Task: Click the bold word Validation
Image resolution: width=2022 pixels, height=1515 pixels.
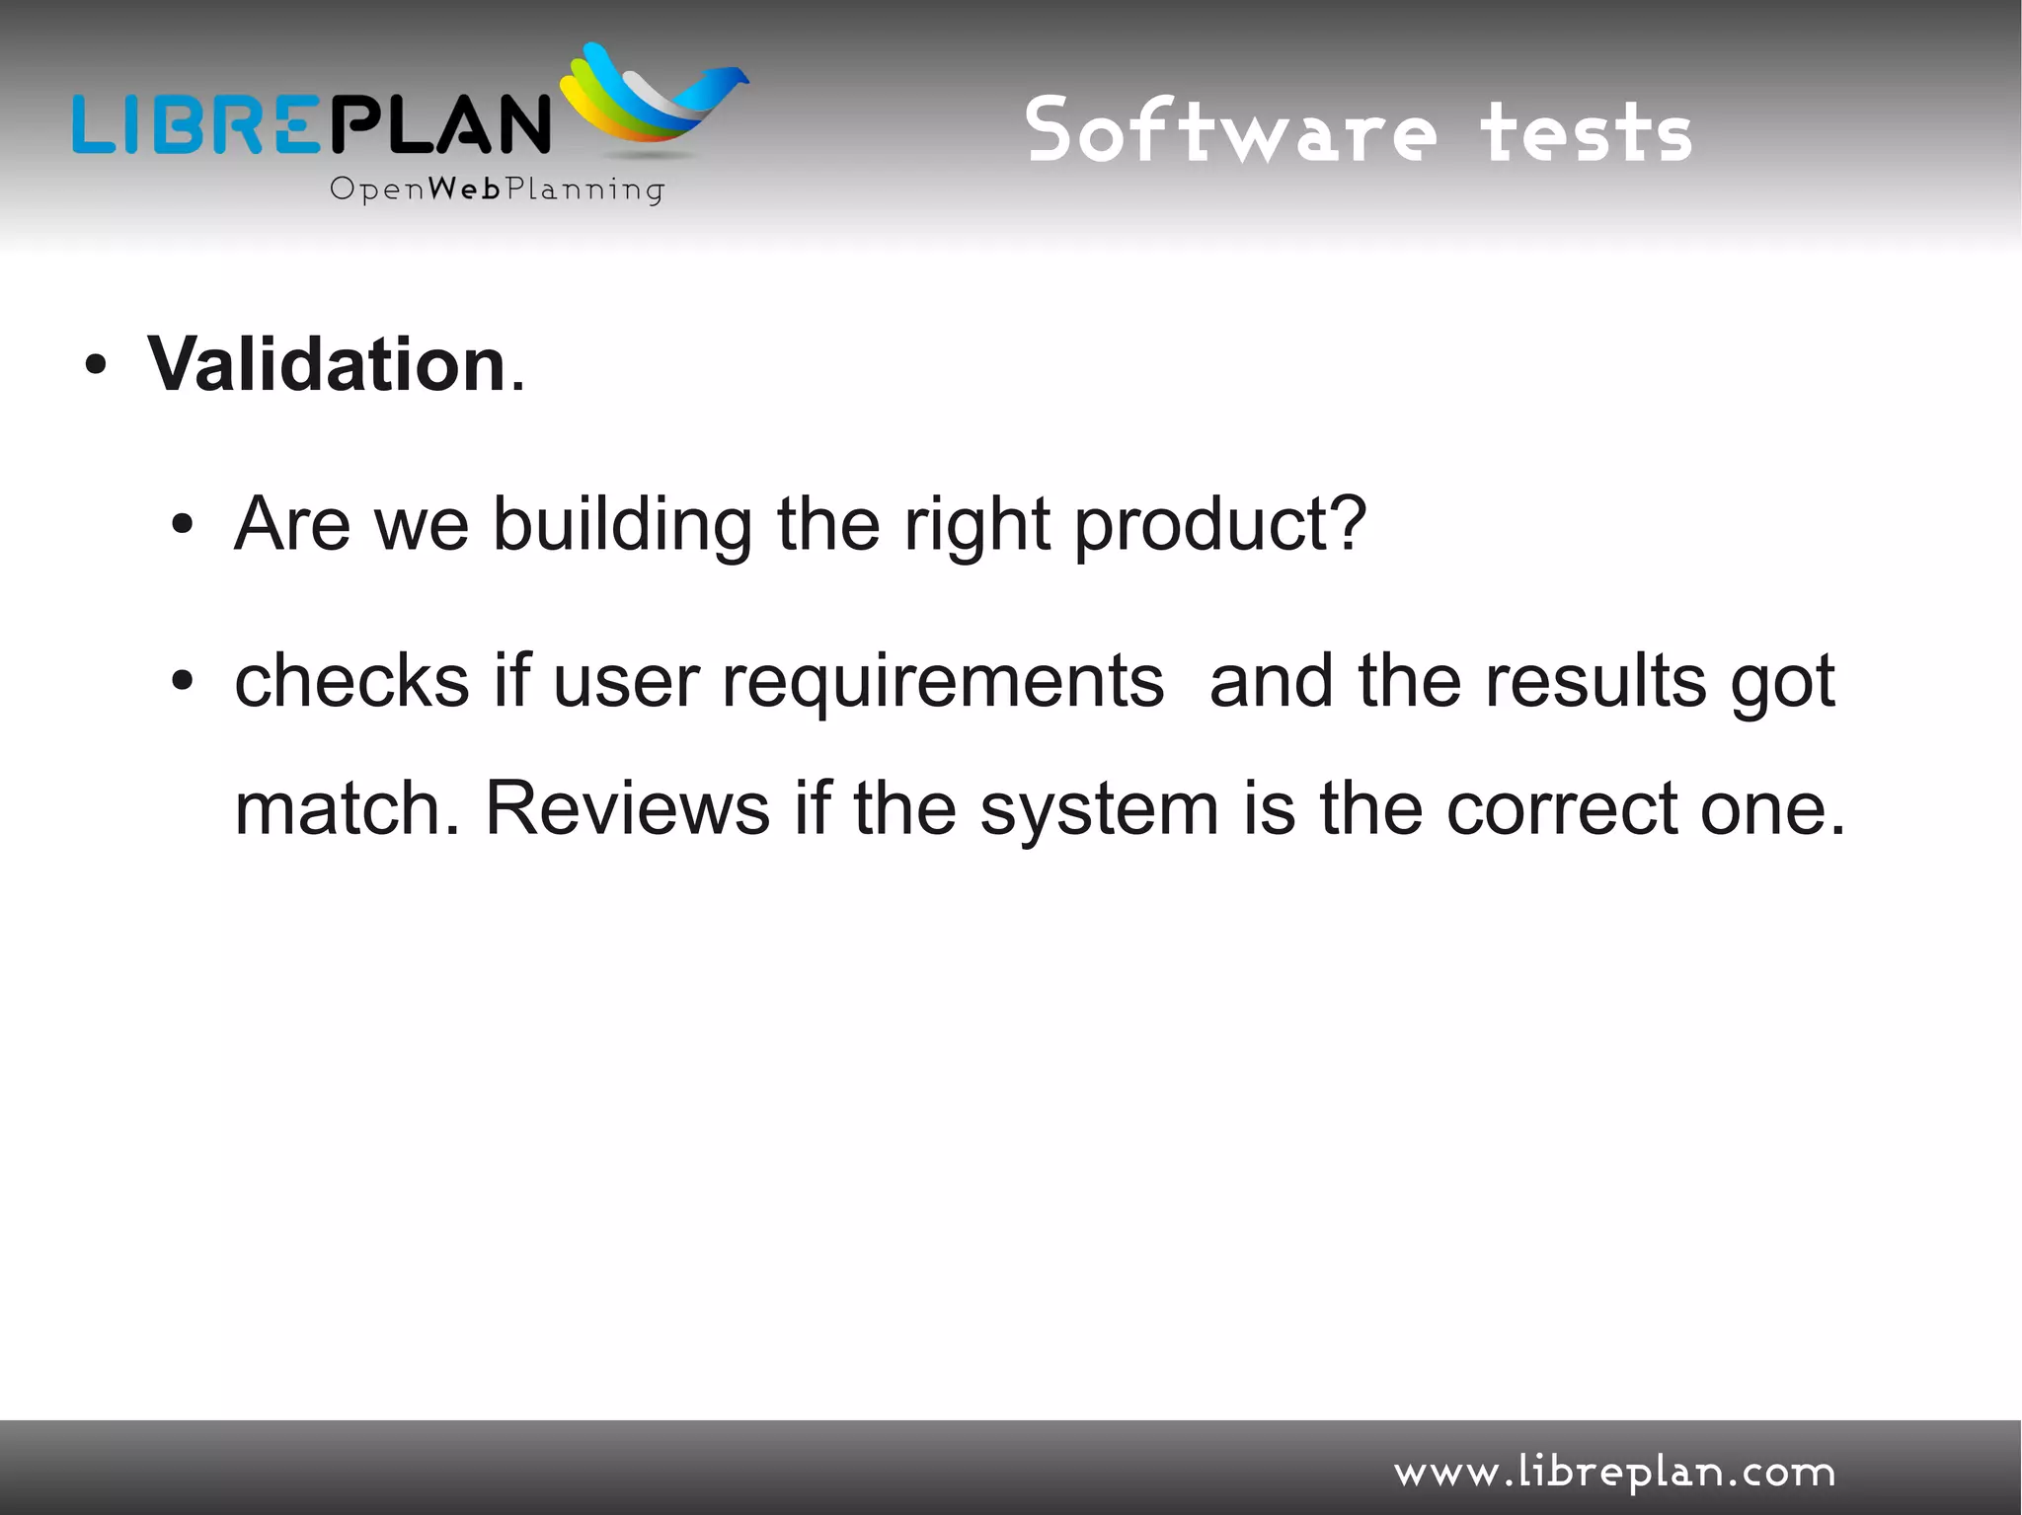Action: (326, 365)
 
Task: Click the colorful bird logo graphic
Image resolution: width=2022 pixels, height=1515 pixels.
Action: (652, 99)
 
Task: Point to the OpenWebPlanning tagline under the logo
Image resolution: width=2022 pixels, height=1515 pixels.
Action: (497, 189)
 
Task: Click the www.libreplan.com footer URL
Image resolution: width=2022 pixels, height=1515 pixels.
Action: (1614, 1473)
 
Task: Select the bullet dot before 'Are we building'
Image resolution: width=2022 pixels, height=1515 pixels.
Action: (182, 525)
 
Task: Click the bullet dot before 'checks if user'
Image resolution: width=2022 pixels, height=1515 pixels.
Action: (182, 681)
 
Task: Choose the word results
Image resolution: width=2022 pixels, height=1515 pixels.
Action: (1595, 681)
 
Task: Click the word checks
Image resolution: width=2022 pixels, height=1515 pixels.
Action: (351, 681)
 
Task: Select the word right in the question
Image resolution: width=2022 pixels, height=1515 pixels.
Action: (976, 525)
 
